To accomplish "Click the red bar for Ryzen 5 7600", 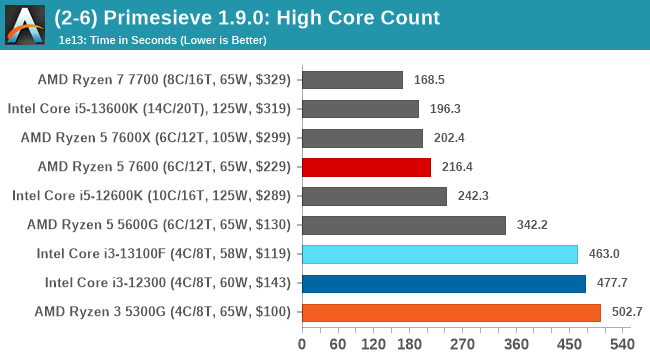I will coord(365,167).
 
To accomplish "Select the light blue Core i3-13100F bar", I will coord(439,254).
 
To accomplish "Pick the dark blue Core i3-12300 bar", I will coord(443,283).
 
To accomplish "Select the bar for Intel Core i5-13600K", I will coord(359,109).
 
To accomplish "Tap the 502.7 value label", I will coord(626,312).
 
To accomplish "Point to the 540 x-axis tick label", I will coord(621,345).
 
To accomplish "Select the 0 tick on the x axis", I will coord(302,345).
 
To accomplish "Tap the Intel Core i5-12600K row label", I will coord(151,196).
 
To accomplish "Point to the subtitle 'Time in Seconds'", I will coord(170,41).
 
